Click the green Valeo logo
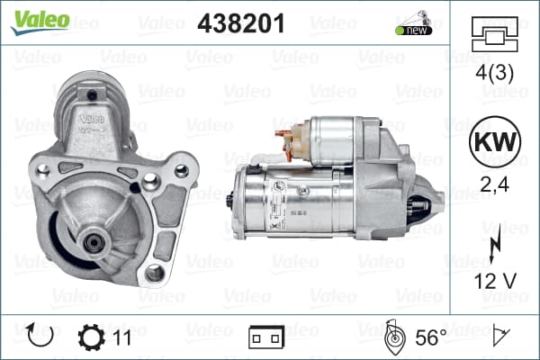[x=40, y=22]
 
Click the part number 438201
[x=241, y=23]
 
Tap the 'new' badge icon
[x=414, y=23]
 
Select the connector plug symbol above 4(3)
[x=494, y=34]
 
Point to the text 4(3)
[x=494, y=73]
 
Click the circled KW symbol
[x=495, y=141]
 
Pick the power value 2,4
[x=494, y=184]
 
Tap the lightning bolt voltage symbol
[x=495, y=244]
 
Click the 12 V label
[x=495, y=281]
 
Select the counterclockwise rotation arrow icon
[x=40, y=335]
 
